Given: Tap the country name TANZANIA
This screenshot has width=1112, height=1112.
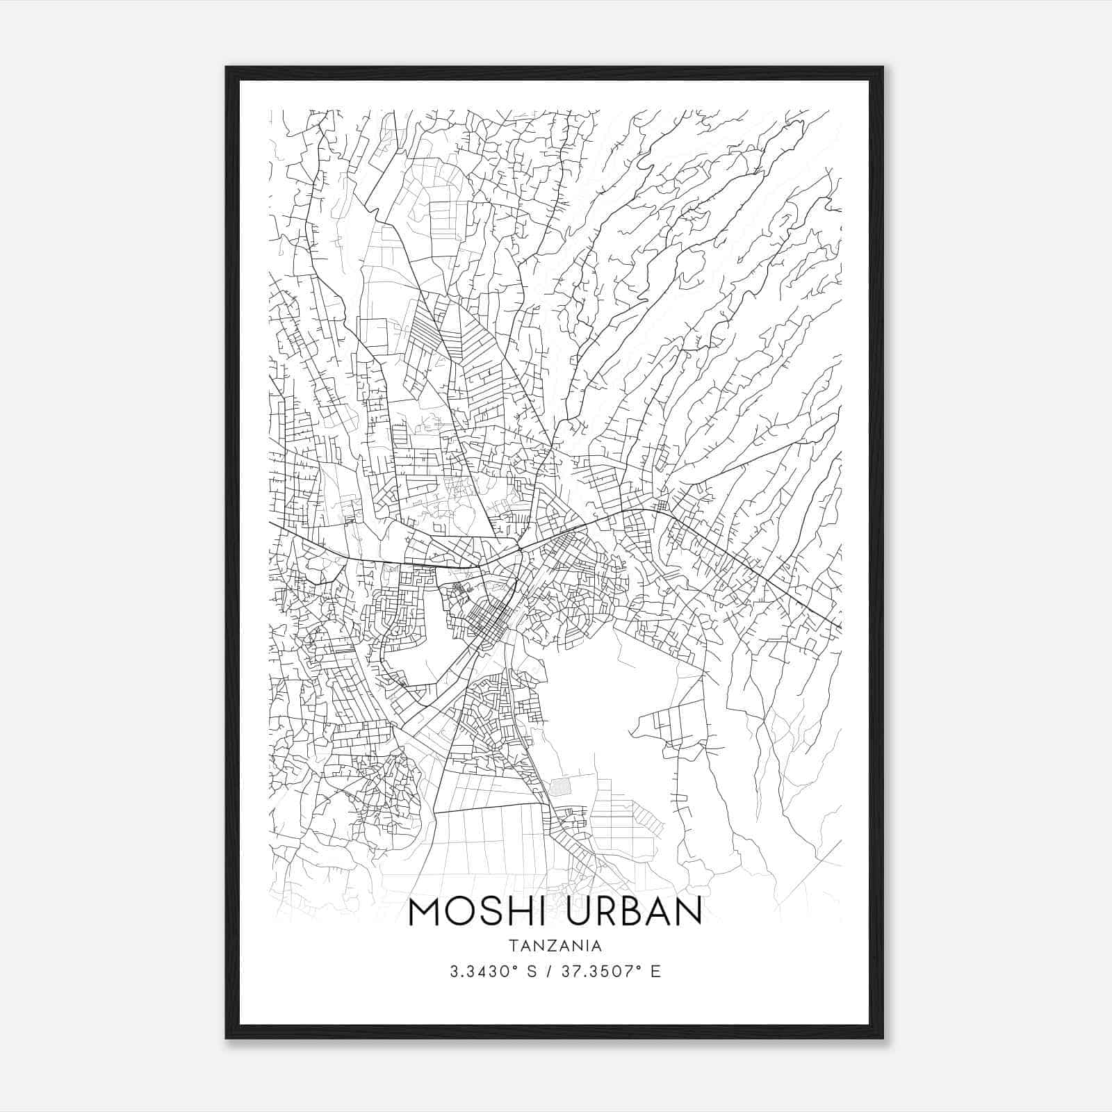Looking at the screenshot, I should tap(555, 946).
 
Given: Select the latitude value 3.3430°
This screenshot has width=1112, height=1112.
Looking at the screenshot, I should tap(482, 972).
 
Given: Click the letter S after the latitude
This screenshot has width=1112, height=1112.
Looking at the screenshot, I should tap(532, 972).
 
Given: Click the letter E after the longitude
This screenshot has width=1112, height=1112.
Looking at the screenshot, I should tap(655, 972).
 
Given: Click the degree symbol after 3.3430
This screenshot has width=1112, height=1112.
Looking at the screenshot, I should tap(516, 968).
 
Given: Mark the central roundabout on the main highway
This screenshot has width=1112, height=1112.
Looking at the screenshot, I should tap(519, 549).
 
